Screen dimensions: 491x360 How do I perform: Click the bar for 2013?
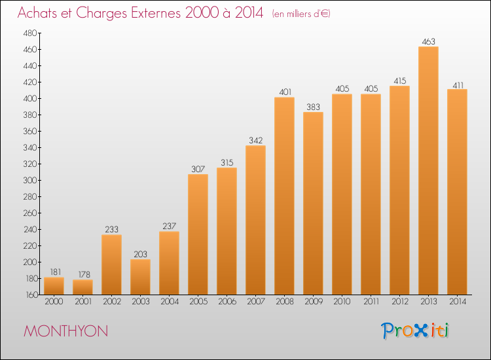tap(428, 171)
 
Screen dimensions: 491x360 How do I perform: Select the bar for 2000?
tap(54, 286)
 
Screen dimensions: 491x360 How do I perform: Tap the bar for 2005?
tap(198, 234)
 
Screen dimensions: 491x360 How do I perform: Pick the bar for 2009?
tap(313, 204)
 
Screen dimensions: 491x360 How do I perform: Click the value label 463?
tap(428, 42)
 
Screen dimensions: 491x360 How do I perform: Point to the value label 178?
tap(84, 274)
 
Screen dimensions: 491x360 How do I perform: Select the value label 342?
tap(255, 141)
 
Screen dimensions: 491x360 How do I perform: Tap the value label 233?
tap(111, 230)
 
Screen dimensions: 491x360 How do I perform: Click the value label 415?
tap(400, 81)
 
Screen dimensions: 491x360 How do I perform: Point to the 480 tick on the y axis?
tap(30, 33)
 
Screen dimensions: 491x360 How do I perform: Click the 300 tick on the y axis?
tap(30, 180)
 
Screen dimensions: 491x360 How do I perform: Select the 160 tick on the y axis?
tap(31, 295)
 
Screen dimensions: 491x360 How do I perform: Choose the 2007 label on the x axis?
tap(256, 302)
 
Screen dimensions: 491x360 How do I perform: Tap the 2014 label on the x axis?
tap(458, 302)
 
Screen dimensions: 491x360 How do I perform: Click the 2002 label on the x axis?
tap(112, 302)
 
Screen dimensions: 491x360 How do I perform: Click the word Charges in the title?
tap(101, 13)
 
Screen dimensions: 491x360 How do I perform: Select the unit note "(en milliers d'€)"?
tap(301, 14)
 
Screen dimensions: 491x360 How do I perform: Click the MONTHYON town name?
tap(65, 331)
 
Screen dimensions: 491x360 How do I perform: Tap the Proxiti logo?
tap(415, 331)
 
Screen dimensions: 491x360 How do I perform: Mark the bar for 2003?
tap(140, 277)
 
